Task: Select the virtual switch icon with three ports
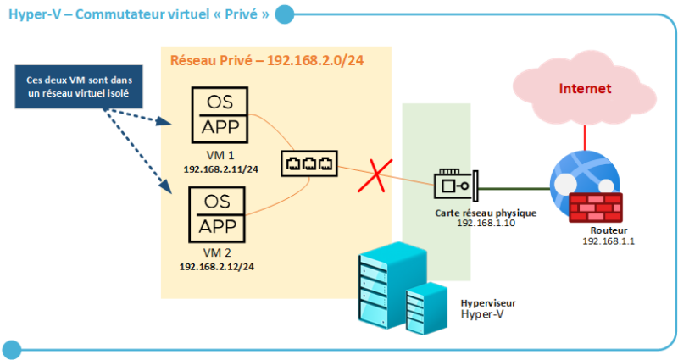coord(309,162)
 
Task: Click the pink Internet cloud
coord(585,90)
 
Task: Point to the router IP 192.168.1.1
coord(609,241)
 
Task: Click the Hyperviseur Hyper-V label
coord(487,308)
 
